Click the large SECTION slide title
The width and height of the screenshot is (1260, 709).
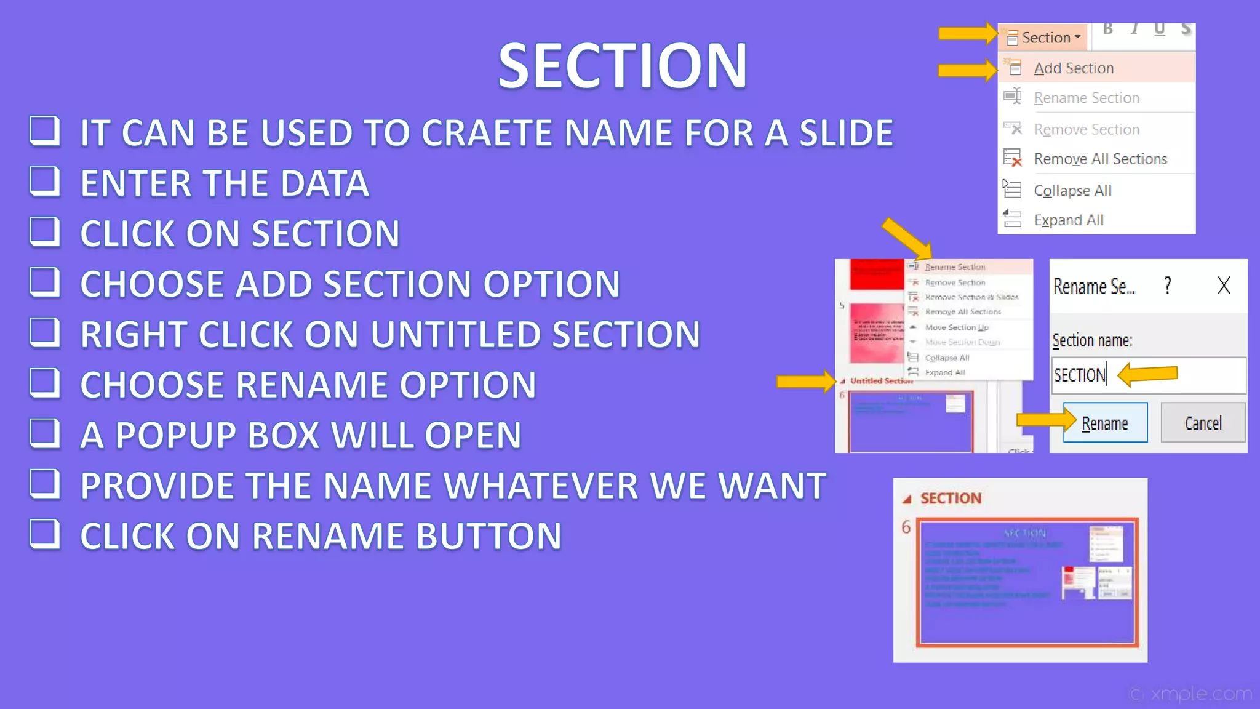pyautogui.click(x=623, y=66)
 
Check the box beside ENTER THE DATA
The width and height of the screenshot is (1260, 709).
pyautogui.click(x=45, y=182)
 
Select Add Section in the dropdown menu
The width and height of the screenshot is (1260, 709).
pyautogui.click(x=1074, y=68)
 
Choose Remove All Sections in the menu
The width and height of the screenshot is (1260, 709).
pyautogui.click(x=1100, y=159)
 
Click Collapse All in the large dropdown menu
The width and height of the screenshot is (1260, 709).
pyautogui.click(x=1072, y=191)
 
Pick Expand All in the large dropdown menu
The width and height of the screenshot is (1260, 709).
pyautogui.click(x=1069, y=220)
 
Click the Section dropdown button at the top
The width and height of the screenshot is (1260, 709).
pyautogui.click(x=1045, y=38)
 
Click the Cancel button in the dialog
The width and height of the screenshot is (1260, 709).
pyautogui.click(x=1203, y=423)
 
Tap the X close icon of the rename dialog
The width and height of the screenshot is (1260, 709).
pyautogui.click(x=1224, y=286)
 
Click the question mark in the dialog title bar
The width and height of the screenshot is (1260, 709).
pyautogui.click(x=1168, y=286)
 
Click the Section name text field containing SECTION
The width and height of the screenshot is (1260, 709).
pyautogui.click(x=1148, y=375)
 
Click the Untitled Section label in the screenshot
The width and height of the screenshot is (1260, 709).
pyautogui.click(x=881, y=381)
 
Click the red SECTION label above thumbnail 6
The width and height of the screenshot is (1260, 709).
pyautogui.click(x=951, y=499)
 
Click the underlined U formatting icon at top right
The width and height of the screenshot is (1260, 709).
pyautogui.click(x=1160, y=29)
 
